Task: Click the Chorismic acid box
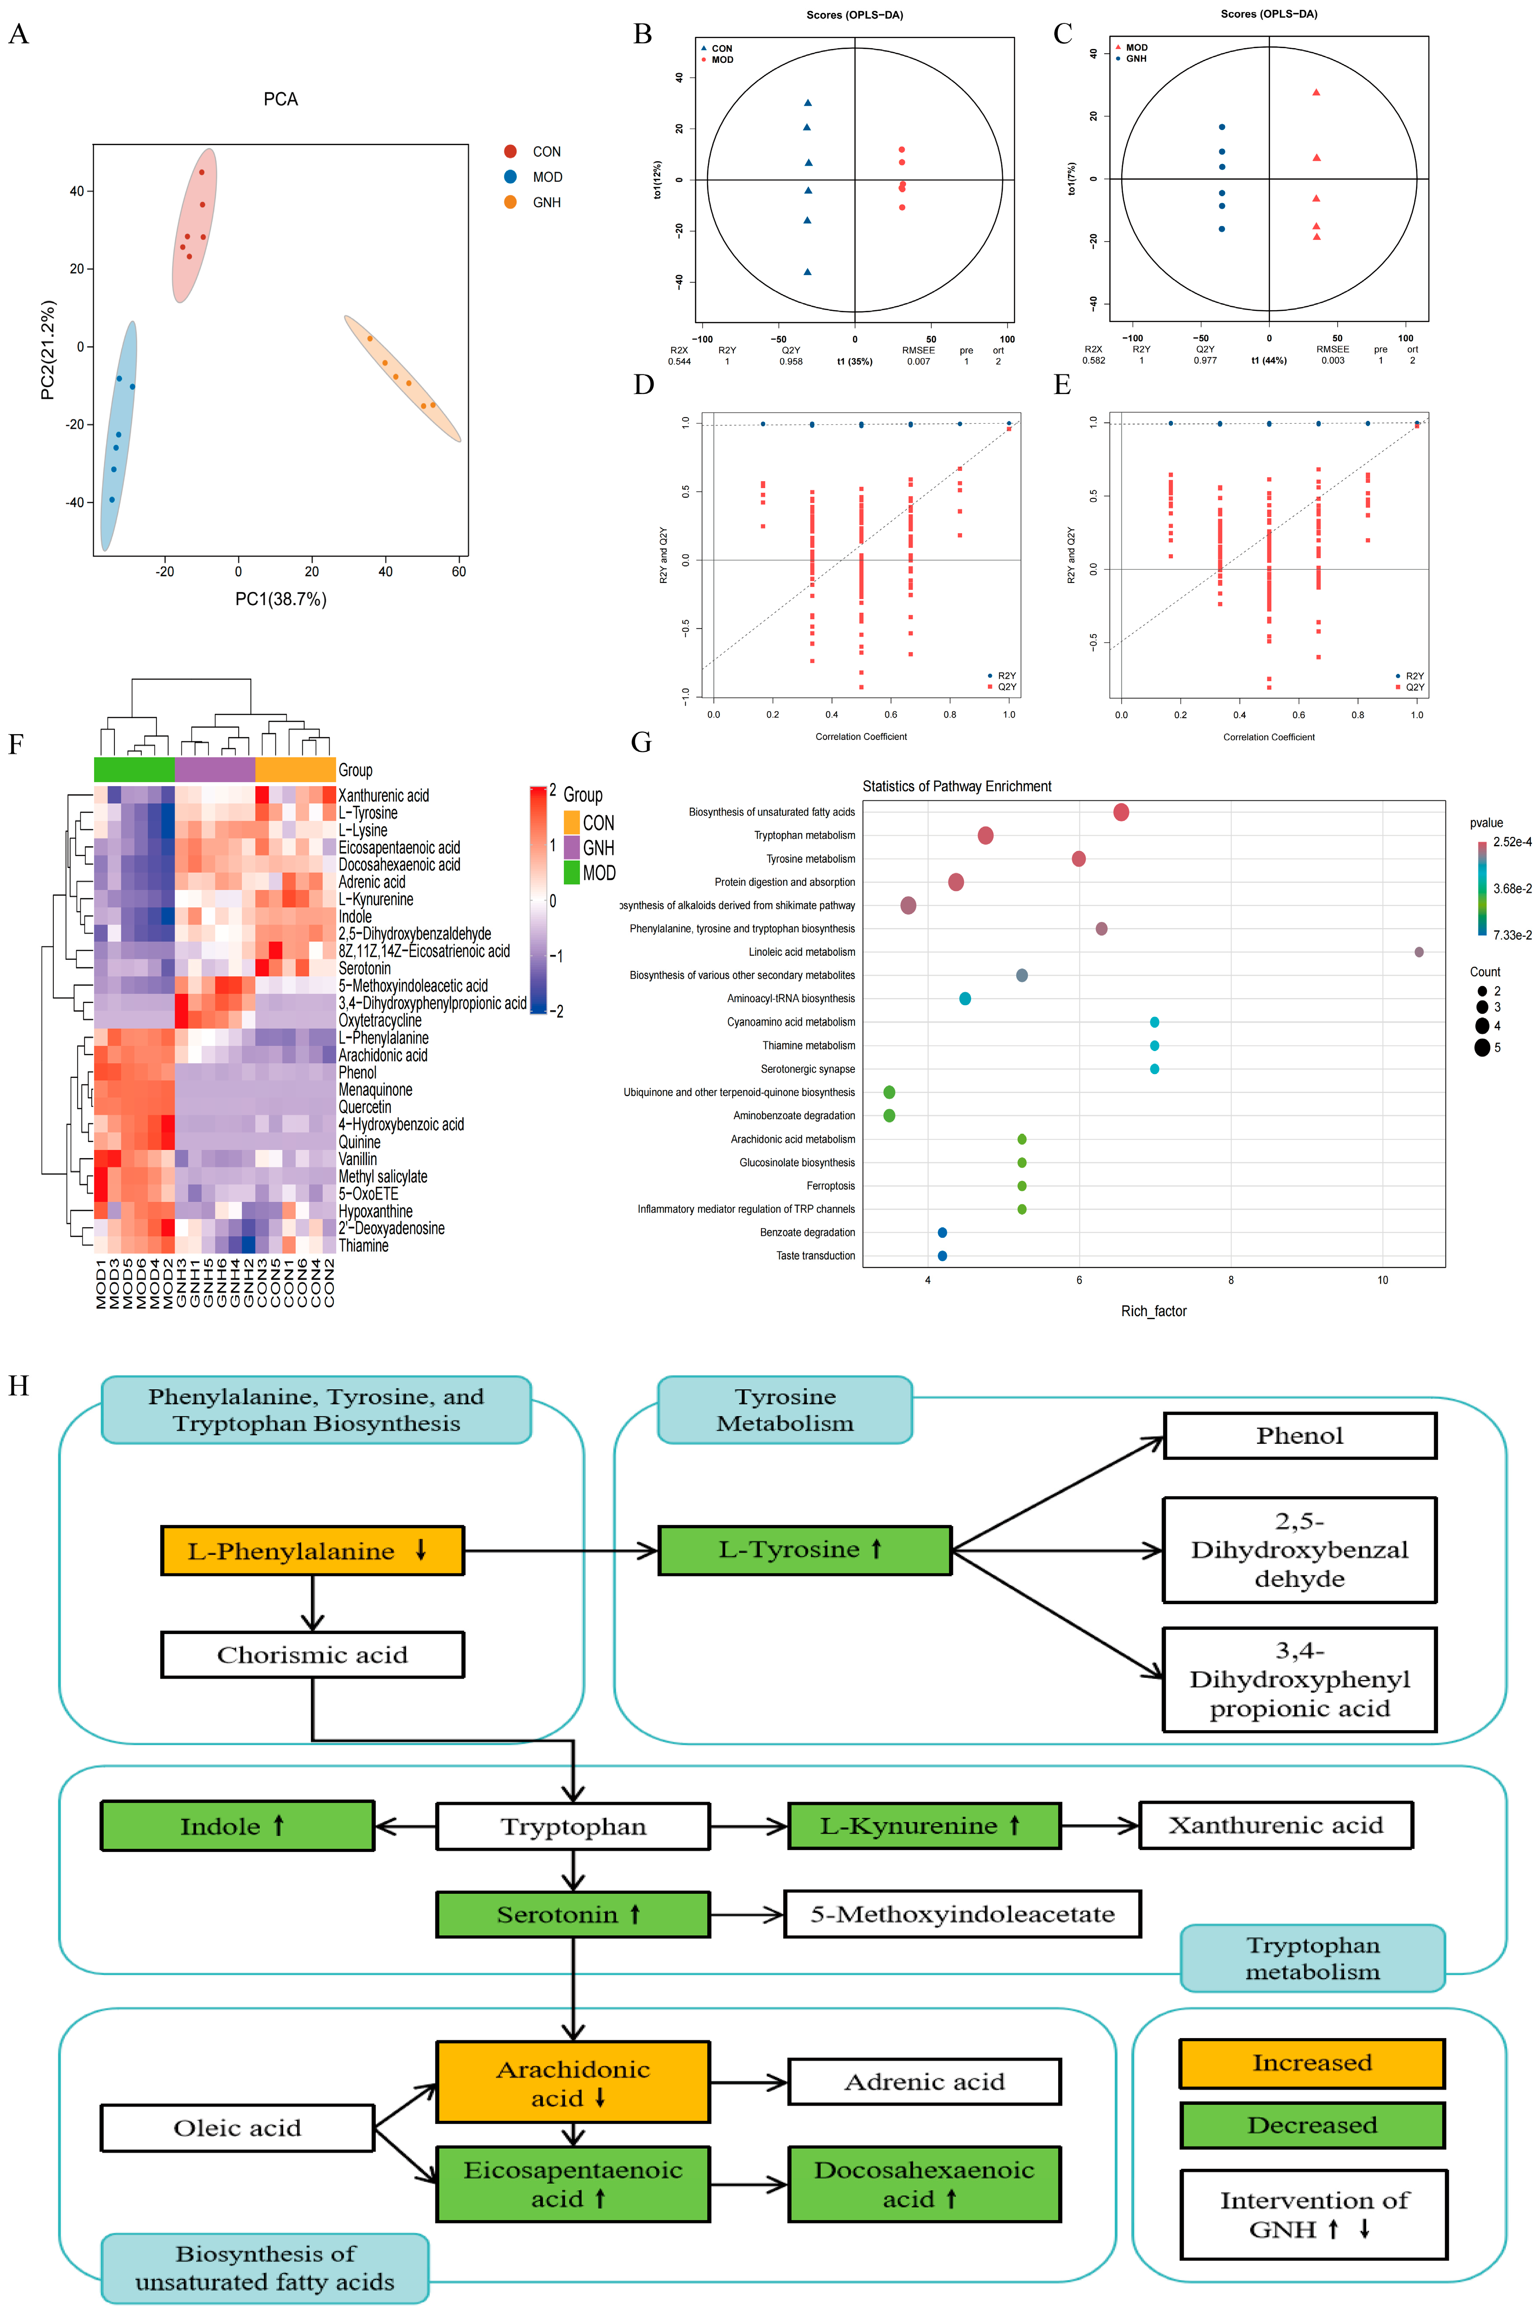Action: (x=312, y=1654)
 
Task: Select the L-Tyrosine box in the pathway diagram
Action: (x=804, y=1550)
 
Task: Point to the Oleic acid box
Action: (x=237, y=2128)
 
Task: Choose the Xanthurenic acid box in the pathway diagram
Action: (x=1275, y=1825)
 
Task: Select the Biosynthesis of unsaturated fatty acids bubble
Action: (x=1121, y=812)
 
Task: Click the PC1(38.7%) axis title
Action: (x=281, y=599)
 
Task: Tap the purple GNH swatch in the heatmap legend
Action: (x=571, y=847)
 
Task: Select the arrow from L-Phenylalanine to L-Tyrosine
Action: (x=560, y=1550)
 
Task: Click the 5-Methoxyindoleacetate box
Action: (x=962, y=1914)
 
